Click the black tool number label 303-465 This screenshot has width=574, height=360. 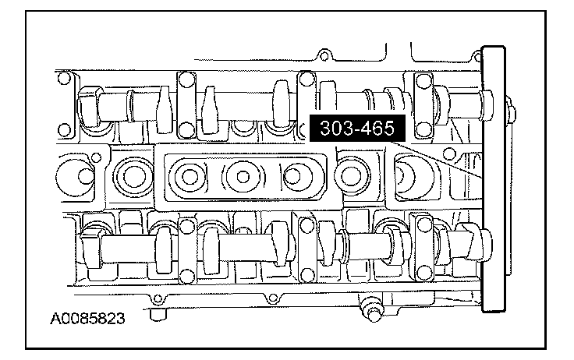(x=358, y=128)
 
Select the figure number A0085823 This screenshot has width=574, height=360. (x=87, y=318)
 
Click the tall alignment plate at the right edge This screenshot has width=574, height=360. (x=494, y=179)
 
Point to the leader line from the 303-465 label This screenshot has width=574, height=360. (x=438, y=160)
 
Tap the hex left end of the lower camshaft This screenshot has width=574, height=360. (x=90, y=248)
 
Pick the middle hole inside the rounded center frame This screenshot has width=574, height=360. (x=243, y=177)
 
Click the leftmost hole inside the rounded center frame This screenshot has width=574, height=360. (x=190, y=177)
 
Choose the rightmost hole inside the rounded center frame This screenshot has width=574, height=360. (x=293, y=176)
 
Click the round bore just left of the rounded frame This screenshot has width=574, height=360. (x=133, y=177)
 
